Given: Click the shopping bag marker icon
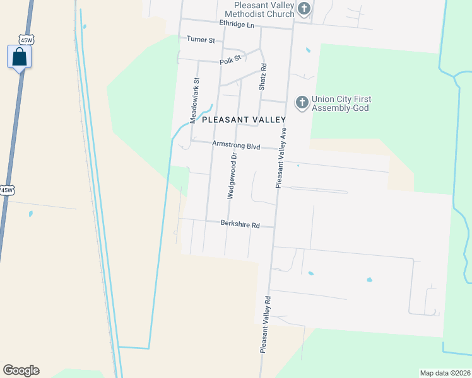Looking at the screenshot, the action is (x=19, y=57).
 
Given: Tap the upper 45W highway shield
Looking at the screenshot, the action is (x=26, y=40).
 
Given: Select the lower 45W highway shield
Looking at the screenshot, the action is (x=6, y=190).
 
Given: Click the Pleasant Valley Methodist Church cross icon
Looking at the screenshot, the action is (x=304, y=9).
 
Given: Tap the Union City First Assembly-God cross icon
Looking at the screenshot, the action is (x=302, y=102).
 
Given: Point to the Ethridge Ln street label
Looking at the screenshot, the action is (x=236, y=23).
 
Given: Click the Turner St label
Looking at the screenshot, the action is (x=201, y=40).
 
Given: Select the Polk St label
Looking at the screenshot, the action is (x=230, y=60).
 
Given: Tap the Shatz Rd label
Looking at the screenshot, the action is (x=262, y=76).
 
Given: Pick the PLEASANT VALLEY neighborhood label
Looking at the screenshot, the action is (x=244, y=119).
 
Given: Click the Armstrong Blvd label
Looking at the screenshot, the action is (x=236, y=145).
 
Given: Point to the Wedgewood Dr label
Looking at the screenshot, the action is (x=232, y=176).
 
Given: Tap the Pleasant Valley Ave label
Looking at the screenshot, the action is (x=281, y=157).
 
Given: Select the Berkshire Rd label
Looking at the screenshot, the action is (x=240, y=224).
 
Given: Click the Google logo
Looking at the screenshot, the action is (x=21, y=370).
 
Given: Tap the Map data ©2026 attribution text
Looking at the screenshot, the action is (x=445, y=373).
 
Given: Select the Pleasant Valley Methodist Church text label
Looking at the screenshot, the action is (x=256, y=9).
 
